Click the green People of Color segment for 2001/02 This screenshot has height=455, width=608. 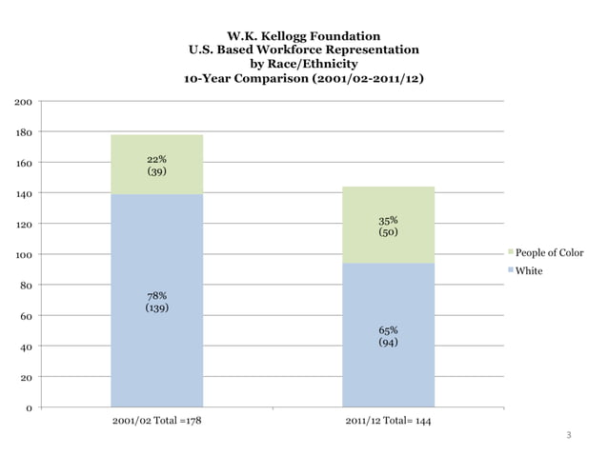coord(157,164)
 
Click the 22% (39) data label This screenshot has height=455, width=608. coord(157,166)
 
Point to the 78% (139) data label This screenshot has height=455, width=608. coord(157,303)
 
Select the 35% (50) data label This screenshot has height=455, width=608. coord(388,226)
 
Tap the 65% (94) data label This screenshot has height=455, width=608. coord(388,336)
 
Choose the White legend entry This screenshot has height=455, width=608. coord(528,270)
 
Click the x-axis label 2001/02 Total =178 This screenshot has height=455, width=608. coord(156,421)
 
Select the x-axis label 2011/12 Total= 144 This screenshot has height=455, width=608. coord(388,421)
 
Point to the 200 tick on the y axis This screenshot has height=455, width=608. coord(21,102)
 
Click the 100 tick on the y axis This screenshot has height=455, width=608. coord(21,255)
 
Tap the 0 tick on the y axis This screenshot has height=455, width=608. coord(27,408)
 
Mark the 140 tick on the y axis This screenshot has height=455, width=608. coord(21,194)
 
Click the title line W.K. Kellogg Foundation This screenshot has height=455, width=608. coord(304,36)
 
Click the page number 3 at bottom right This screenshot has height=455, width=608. coord(569,436)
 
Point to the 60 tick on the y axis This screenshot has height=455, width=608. coord(24,316)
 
